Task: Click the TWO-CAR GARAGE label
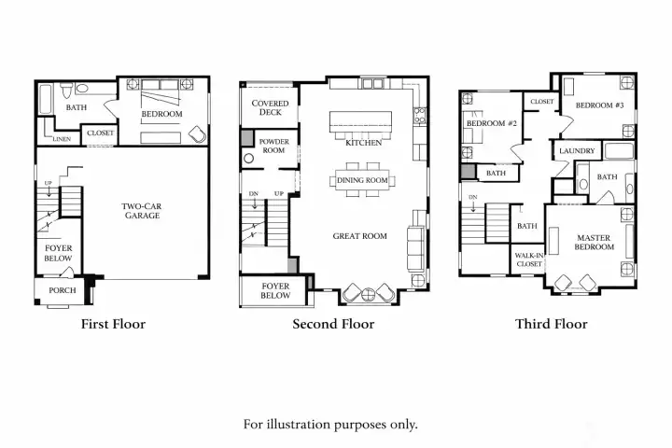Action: [142, 211]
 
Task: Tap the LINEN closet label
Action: [62, 139]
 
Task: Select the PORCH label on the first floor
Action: [63, 290]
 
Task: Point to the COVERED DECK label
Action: [270, 107]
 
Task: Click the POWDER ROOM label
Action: [273, 146]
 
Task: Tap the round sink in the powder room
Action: [248, 159]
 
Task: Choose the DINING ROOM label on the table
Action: [362, 180]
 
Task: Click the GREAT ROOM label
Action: [360, 236]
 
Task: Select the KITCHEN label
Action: [363, 143]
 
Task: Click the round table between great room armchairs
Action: [368, 295]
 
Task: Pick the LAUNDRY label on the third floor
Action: [577, 151]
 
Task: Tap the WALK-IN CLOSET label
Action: [529, 259]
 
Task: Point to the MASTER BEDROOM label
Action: [594, 243]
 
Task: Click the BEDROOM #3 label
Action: [599, 105]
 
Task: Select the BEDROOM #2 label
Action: [492, 123]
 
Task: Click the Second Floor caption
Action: [333, 324]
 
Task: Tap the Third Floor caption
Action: [552, 324]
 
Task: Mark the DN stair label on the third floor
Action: [472, 197]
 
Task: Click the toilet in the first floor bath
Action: [66, 90]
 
